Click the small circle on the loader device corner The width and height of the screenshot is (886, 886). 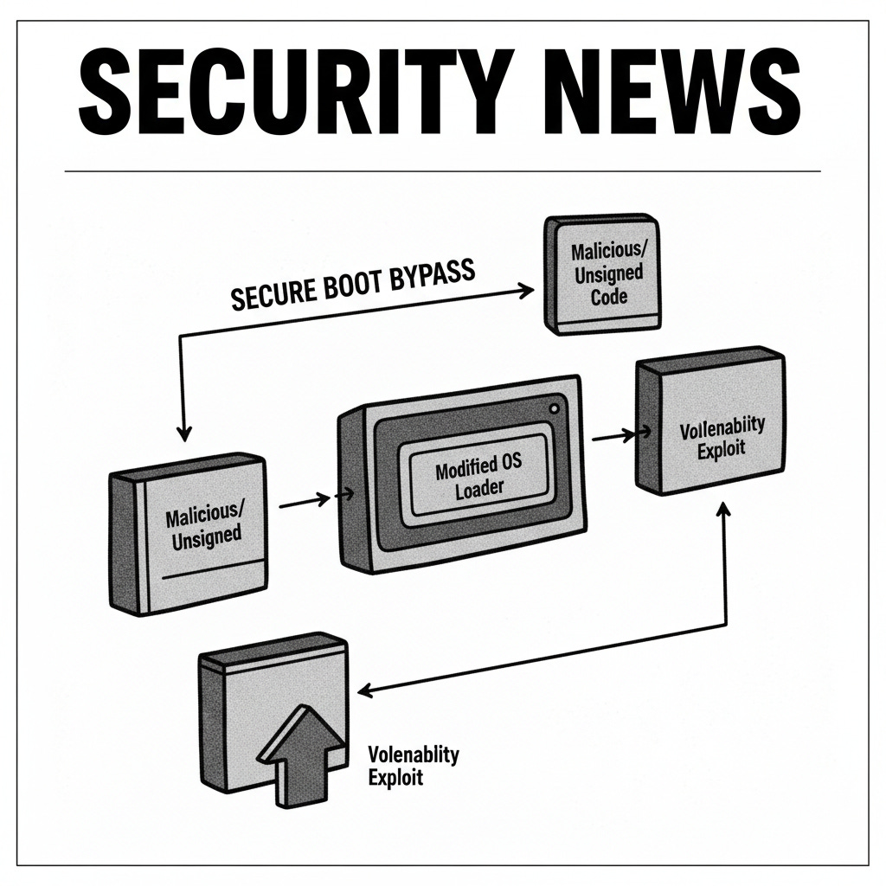554,408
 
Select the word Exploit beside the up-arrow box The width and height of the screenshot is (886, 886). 395,776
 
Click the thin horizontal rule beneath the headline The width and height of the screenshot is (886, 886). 443,171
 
